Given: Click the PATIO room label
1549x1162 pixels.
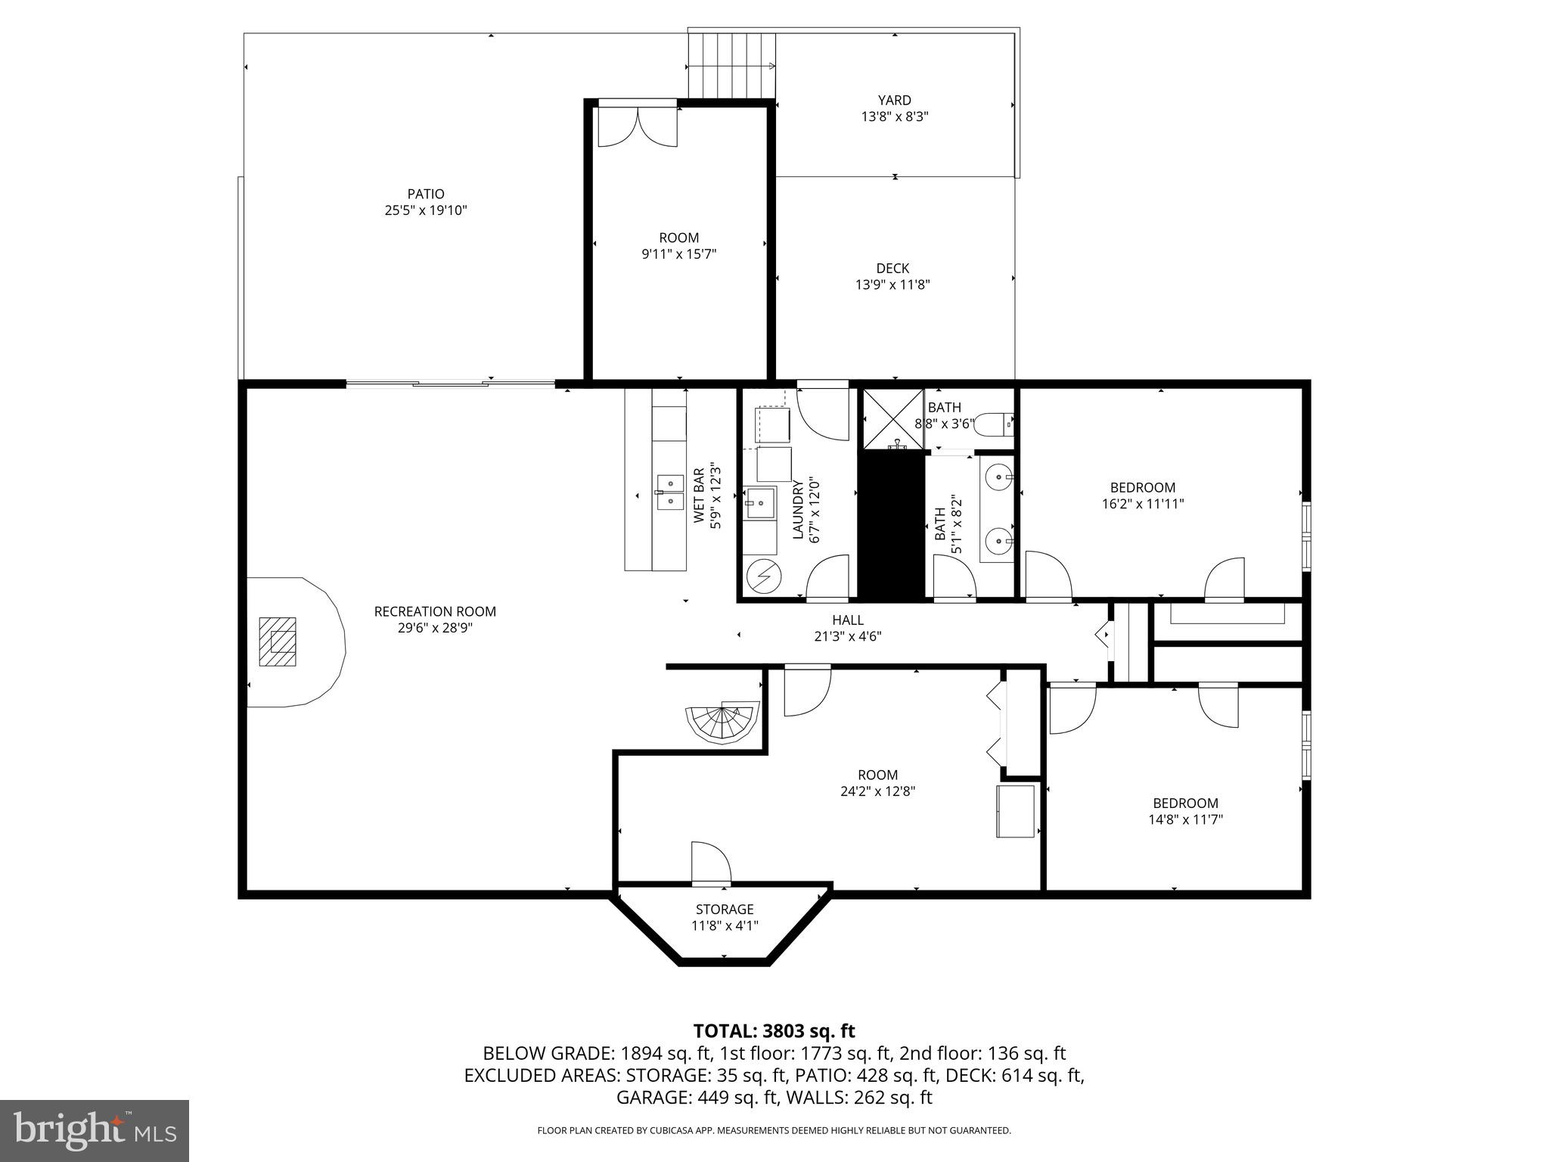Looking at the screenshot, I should pos(425,194).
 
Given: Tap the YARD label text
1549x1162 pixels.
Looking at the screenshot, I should pos(894,100).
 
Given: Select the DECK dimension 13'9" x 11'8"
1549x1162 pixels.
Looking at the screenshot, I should pos(892,285).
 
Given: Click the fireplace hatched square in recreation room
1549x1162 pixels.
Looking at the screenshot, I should pos(278,642).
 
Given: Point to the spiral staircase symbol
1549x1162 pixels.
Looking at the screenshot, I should pos(722,723).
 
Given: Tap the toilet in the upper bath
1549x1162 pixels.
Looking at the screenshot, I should pos(994,425).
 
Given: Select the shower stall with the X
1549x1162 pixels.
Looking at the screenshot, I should pos(893,418).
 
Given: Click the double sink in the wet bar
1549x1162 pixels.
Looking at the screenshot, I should pos(670,492).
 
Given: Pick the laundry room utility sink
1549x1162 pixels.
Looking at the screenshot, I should pos(759,503).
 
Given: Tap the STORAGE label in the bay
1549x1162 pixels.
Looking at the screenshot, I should pos(725,909).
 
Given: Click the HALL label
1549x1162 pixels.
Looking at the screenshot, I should pos(847,620).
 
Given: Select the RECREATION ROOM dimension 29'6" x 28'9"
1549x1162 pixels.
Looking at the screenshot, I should pos(435,628).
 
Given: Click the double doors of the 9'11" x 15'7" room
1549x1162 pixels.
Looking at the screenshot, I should pos(638,126).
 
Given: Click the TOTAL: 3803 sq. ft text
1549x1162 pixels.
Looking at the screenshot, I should pos(774,1030).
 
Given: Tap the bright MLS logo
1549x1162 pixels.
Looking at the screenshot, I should pos(95,1131).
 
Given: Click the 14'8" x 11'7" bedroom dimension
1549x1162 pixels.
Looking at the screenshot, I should pos(1185,819).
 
